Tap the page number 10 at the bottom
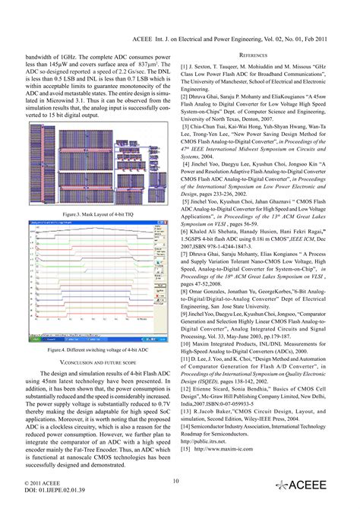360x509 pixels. pos(175,480)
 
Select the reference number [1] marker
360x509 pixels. pos(185,66)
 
